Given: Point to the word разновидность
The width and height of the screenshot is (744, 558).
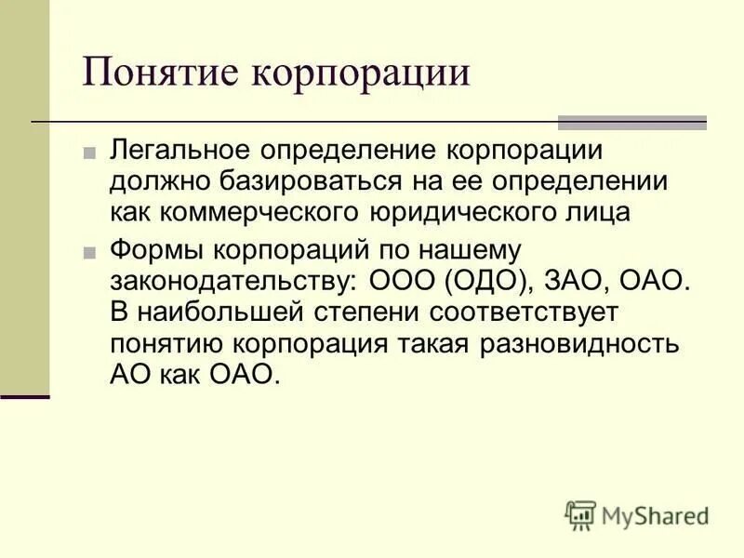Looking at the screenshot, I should click(594, 342).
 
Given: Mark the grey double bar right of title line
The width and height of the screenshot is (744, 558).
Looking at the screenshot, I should click(631, 123).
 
